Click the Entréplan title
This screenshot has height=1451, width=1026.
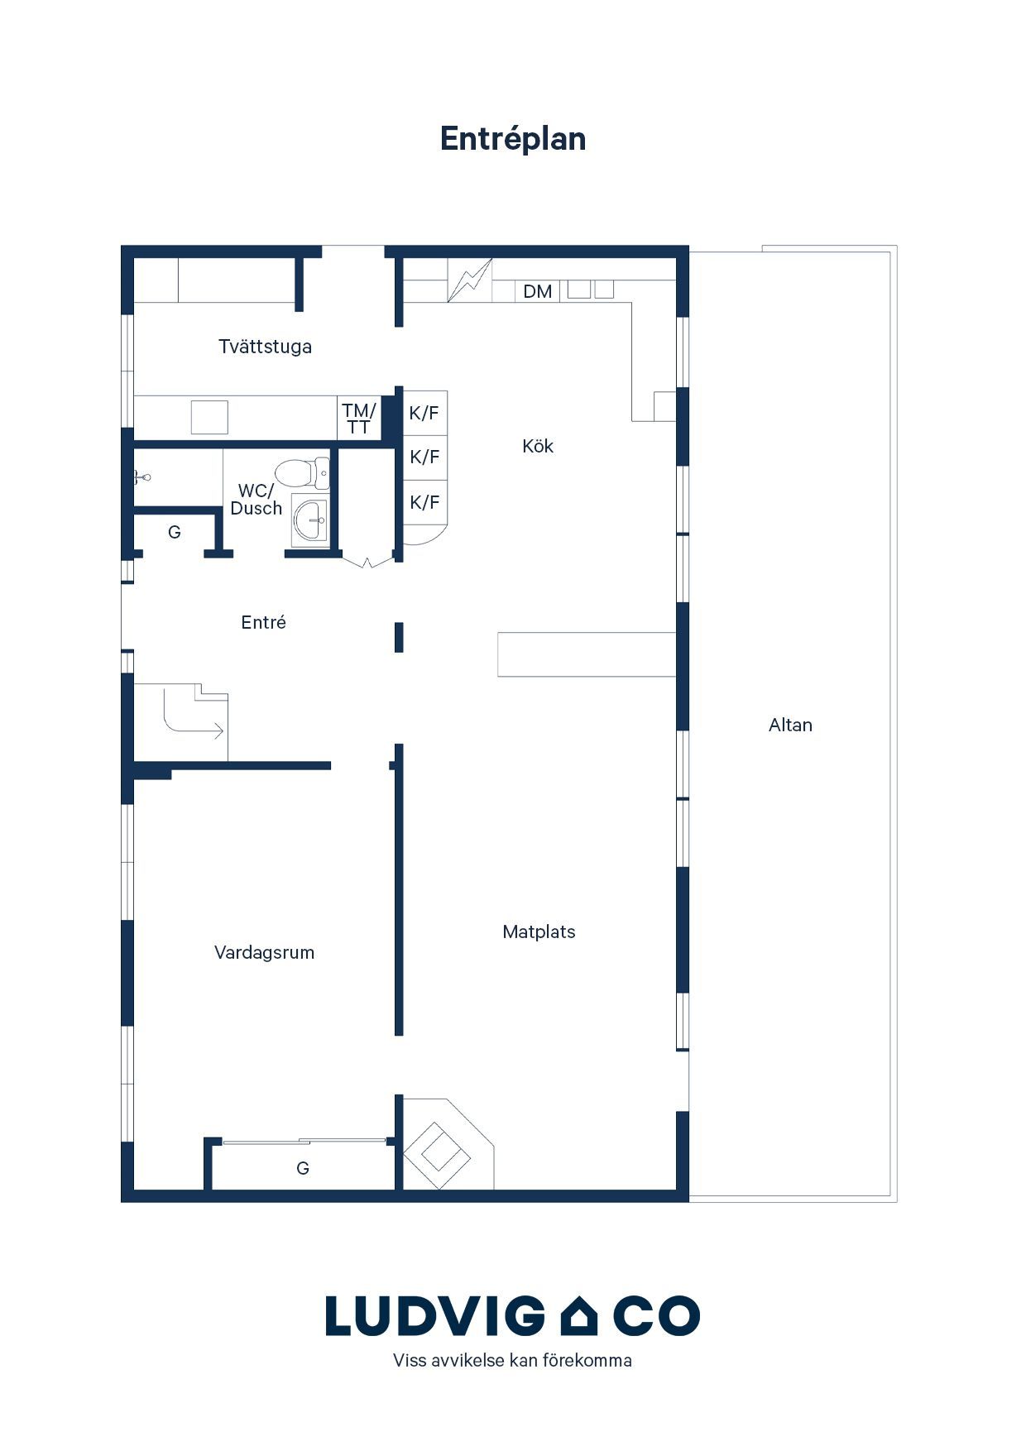coord(513,140)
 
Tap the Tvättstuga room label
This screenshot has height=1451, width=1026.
coord(265,347)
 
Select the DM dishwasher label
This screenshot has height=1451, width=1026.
coord(538,291)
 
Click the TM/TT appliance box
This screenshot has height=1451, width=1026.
coord(359,419)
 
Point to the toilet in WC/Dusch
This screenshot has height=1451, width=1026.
coord(302,474)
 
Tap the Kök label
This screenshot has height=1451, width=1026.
coord(538,447)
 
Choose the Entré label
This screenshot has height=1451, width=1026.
coord(264,622)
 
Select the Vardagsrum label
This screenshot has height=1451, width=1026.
coord(265,953)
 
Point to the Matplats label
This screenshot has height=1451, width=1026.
coord(539,932)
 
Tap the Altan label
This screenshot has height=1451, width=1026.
coord(790,725)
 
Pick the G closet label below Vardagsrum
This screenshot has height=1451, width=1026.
coord(303,1168)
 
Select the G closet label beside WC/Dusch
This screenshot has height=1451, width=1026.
coord(175,532)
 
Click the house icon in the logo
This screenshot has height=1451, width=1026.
coord(579,1316)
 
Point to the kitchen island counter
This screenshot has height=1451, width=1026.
coord(587,654)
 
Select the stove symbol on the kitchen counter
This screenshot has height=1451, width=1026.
coord(470,280)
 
